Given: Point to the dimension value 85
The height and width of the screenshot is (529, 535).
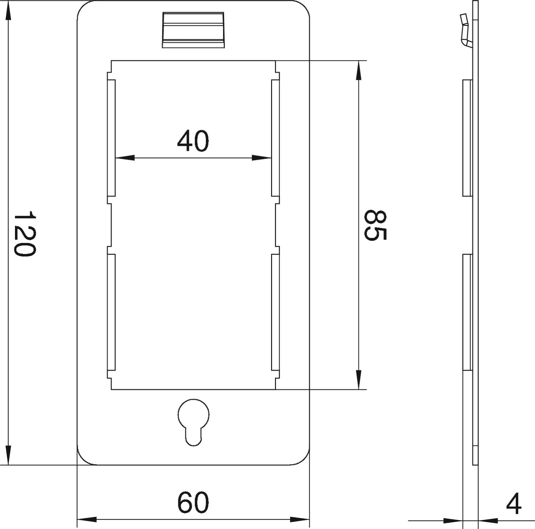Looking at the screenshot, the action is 375,225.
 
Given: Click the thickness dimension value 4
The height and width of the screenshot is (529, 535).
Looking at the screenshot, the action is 514,504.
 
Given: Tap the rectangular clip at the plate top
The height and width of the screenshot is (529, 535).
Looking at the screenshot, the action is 194,30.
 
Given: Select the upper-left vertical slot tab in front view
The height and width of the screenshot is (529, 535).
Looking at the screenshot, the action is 111,138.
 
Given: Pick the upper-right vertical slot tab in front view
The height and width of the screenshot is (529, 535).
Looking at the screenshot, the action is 275,138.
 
